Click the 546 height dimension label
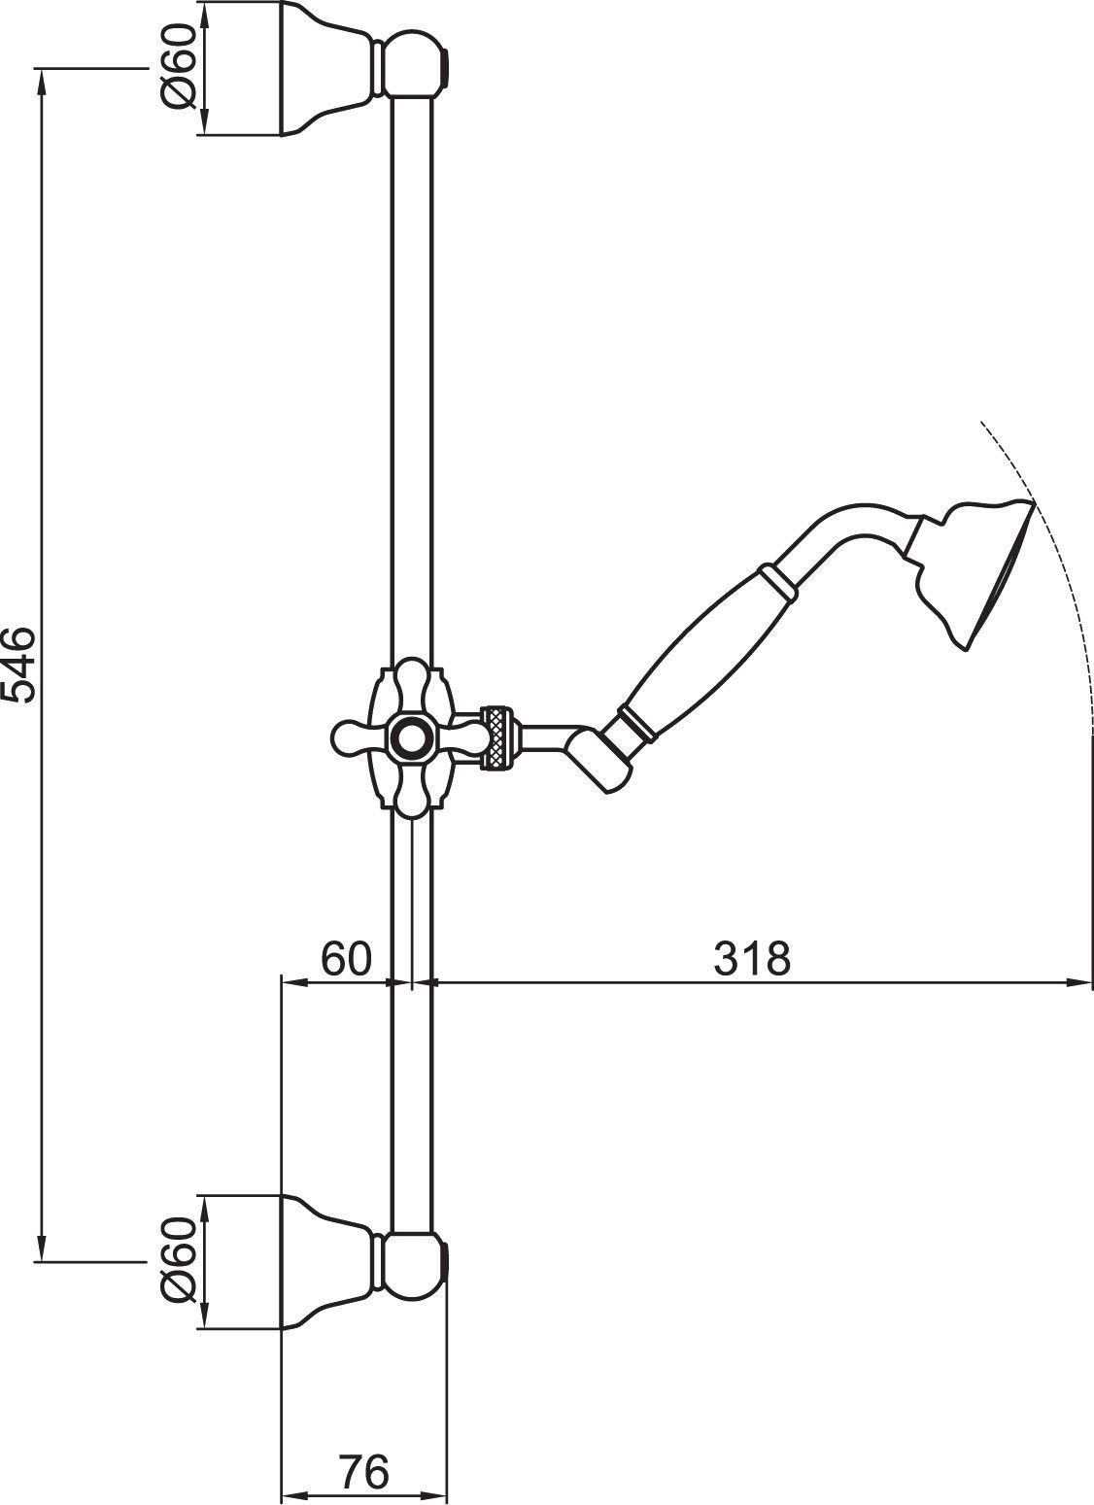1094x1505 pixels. click(19, 665)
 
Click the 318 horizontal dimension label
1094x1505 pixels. click(753, 959)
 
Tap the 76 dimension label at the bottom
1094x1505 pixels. click(364, 1472)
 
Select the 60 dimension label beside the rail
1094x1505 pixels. click(347, 959)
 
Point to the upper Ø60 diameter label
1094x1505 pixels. click(182, 67)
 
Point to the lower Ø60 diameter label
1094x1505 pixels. click(182, 1261)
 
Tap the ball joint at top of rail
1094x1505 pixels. click(412, 66)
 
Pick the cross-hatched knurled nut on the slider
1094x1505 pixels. click(498, 738)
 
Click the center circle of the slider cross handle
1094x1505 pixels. click(412, 737)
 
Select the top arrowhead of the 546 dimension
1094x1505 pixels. click(41, 78)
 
